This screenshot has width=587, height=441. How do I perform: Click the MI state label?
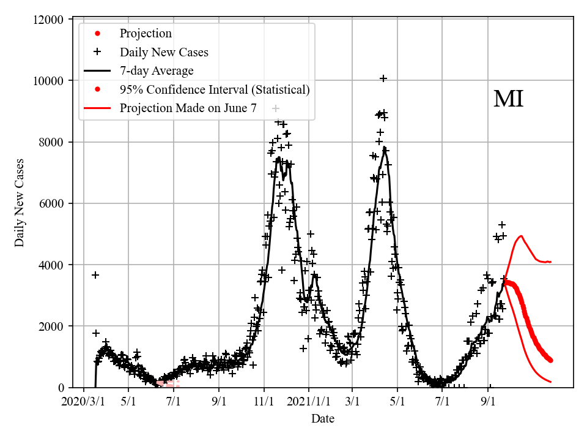(508, 99)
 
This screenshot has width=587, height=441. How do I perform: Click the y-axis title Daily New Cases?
(20, 203)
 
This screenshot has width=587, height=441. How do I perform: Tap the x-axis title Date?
(322, 419)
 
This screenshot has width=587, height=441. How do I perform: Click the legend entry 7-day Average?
(157, 71)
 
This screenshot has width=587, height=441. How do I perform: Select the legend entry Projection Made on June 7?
(188, 108)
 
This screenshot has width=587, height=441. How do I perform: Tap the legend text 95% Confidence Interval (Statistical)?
(215, 90)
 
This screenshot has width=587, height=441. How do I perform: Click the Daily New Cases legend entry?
(164, 52)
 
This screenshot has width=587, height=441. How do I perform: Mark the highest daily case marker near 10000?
(383, 78)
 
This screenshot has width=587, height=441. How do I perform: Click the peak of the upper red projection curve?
(521, 235)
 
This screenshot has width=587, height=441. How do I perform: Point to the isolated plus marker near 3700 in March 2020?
(95, 275)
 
